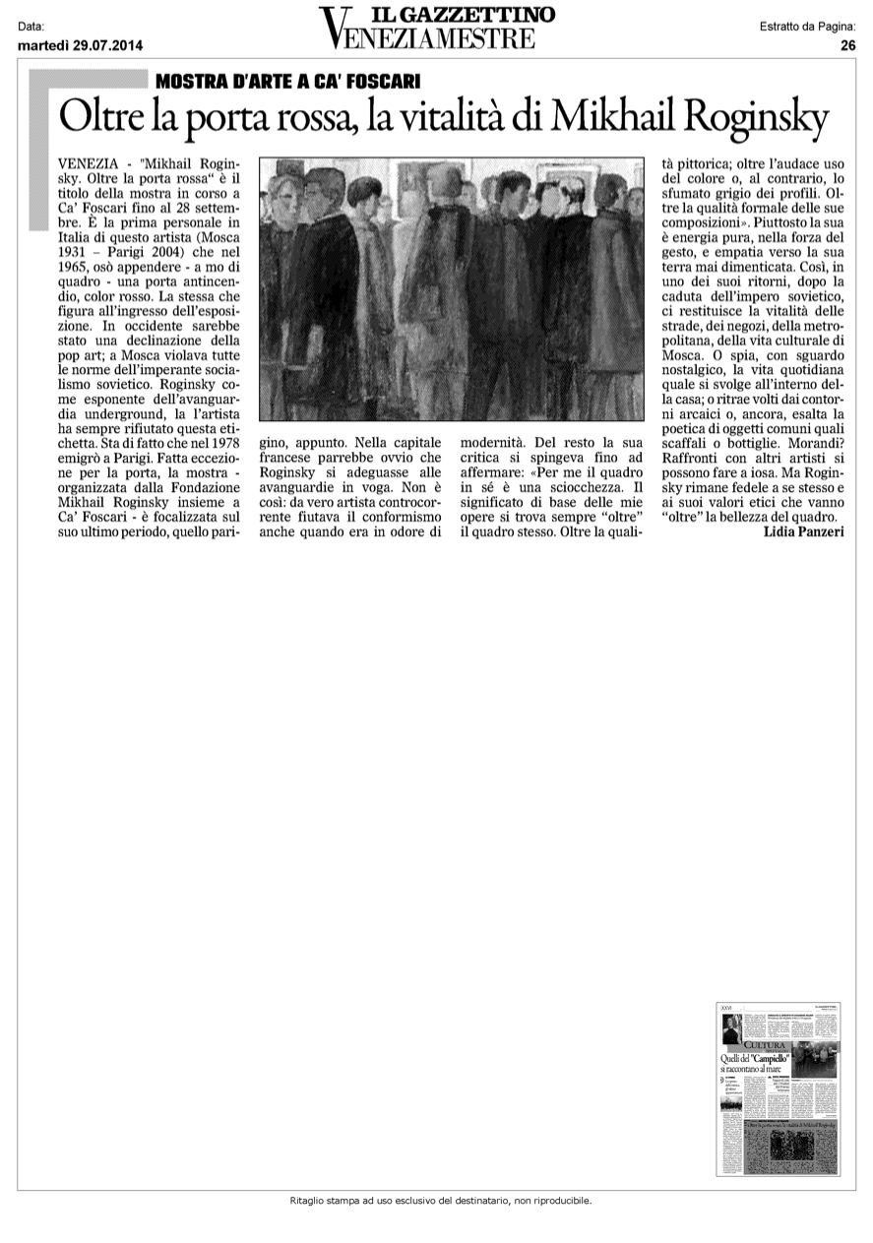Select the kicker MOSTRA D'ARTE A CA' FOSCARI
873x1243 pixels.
[x=281, y=81]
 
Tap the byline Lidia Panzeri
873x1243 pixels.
[x=803, y=532]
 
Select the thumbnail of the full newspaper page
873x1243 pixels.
[x=780, y=1088]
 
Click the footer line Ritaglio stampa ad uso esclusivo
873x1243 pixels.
[x=440, y=1201]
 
